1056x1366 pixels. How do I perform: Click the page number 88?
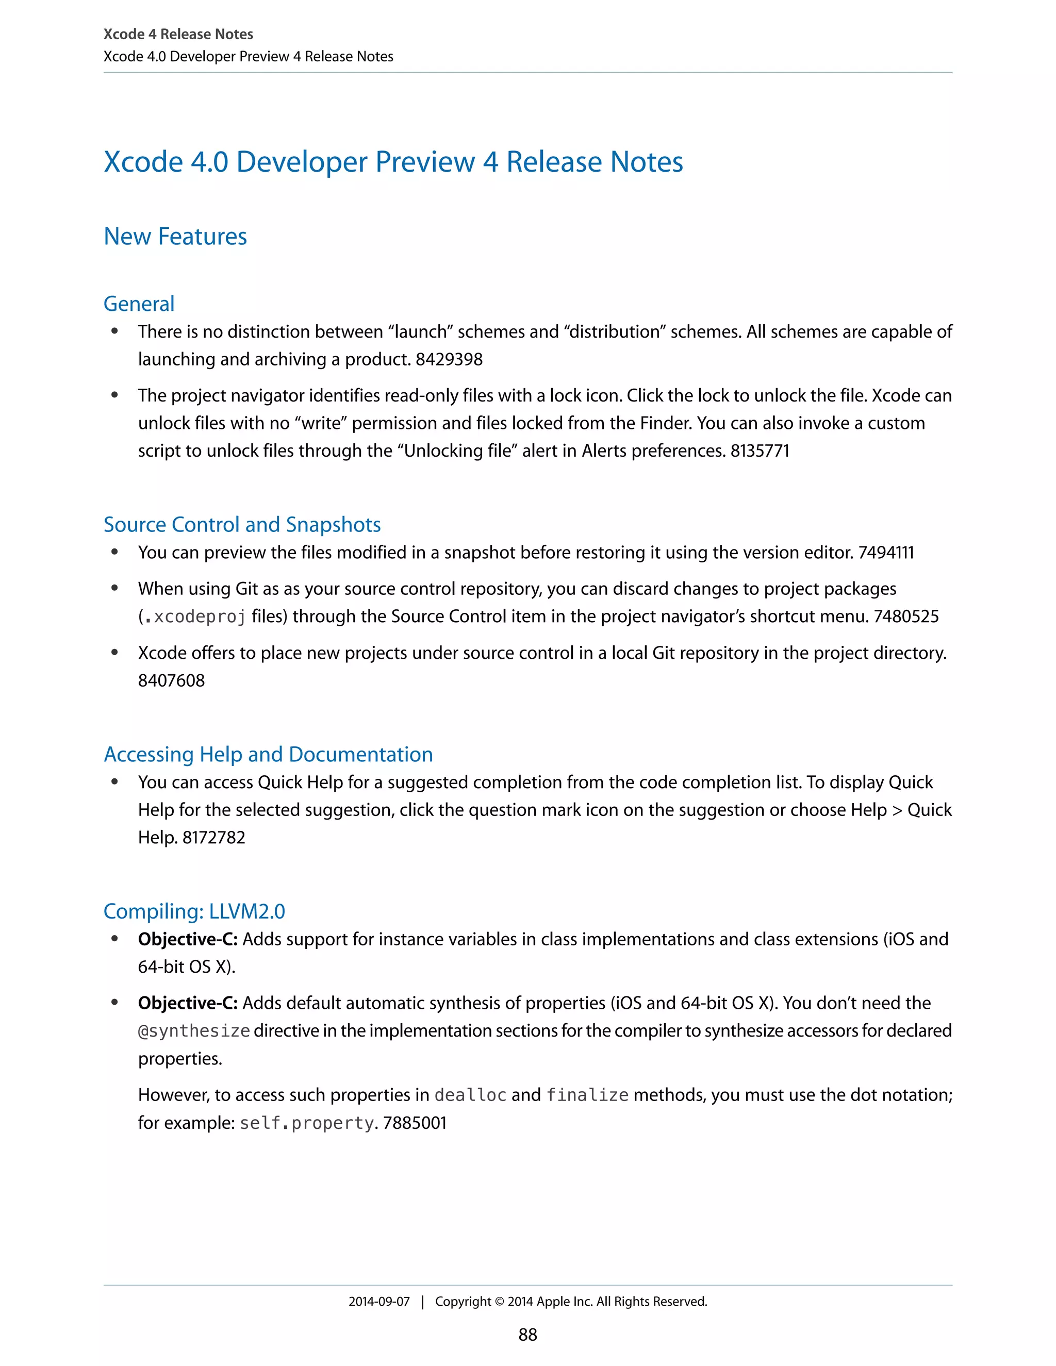[527, 1335]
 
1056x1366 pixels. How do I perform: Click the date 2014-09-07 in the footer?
[378, 1302]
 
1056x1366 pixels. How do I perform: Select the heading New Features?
[175, 237]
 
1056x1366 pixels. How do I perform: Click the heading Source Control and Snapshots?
[242, 524]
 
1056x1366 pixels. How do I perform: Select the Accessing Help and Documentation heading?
[268, 754]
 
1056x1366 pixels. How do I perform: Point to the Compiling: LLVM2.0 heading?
[194, 911]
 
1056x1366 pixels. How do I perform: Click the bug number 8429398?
[449, 360]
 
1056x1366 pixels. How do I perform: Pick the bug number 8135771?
[760, 451]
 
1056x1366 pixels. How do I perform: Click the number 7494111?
[886, 553]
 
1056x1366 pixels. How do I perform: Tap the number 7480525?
[906, 617]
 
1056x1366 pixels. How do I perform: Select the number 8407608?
[171, 680]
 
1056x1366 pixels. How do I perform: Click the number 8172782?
[214, 838]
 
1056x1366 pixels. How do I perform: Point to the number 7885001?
[415, 1123]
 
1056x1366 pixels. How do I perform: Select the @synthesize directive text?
[194, 1031]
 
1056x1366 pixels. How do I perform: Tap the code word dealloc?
[470, 1095]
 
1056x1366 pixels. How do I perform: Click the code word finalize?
[587, 1095]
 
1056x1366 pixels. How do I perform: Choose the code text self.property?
[307, 1123]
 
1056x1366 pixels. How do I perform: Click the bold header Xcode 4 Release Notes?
[178, 35]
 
